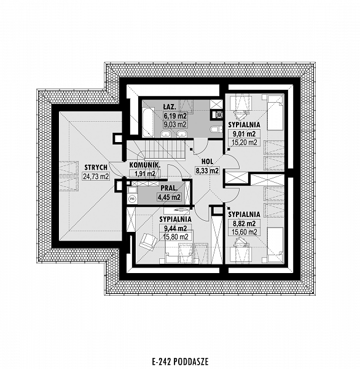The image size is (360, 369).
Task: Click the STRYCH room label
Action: pos(96,167)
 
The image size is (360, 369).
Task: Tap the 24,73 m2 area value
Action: pos(96,176)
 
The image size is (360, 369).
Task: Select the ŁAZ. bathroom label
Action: pos(170,107)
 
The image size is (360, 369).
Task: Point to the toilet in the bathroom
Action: pos(214,129)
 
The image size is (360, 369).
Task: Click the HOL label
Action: pos(208,161)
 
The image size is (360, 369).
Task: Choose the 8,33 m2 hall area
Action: pos(207,170)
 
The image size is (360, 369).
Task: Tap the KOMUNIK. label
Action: pos(145,165)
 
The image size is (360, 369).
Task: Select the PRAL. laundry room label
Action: pos(168,188)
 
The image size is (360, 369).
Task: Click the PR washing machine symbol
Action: pos(133,199)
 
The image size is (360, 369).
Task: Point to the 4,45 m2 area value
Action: pos(170,197)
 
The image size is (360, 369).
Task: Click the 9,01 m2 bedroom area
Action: pos(244,134)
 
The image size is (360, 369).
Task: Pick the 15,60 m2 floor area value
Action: pos(245,232)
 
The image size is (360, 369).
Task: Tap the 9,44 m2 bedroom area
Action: pos(175,228)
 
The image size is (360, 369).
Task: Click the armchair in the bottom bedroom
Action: pos(148,240)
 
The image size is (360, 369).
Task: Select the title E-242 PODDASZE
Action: pos(180,361)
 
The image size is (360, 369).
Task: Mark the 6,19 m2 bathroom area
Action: pos(176,116)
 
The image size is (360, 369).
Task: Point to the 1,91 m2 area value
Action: pos(145,173)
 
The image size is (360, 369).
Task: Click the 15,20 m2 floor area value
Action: pos(245,142)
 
